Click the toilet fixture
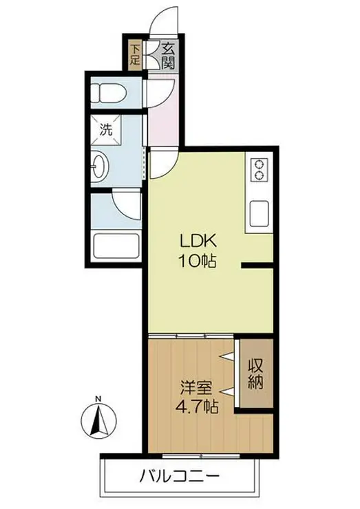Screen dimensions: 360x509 pos(107,93)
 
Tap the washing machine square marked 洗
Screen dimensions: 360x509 pos(106,131)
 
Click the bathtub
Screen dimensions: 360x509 pos(116,246)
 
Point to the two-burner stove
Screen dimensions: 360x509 pos(260,171)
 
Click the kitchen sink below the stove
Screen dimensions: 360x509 pos(260,214)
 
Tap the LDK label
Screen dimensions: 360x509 pos(198,242)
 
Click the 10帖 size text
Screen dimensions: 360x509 pos(198,261)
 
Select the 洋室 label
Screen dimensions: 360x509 pos(197,388)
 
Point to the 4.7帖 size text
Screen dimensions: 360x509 pos(197,406)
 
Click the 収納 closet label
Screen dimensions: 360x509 pos(256,374)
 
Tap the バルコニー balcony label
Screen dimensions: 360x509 pos(180,477)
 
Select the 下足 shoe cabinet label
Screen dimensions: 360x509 pos(135,54)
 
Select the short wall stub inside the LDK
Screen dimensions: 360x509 pos(257,266)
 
